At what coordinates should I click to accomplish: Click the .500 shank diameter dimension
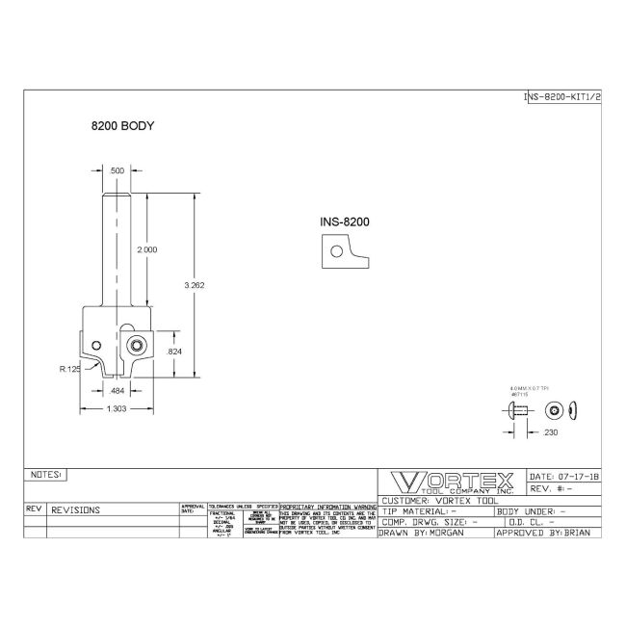(117, 170)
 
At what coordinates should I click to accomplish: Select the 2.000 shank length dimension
(147, 249)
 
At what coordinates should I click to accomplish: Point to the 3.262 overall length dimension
(196, 285)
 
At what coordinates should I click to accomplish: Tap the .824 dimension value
(174, 352)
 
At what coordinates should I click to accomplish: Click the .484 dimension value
(117, 390)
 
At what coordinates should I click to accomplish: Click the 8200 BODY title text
(123, 126)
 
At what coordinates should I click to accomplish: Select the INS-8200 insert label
(345, 222)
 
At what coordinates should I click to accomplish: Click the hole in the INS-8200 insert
(335, 251)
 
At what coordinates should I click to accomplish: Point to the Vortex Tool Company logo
(452, 483)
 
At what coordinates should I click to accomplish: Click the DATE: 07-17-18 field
(564, 476)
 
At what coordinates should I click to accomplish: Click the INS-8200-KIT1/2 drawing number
(562, 97)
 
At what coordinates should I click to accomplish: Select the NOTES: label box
(46, 475)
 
